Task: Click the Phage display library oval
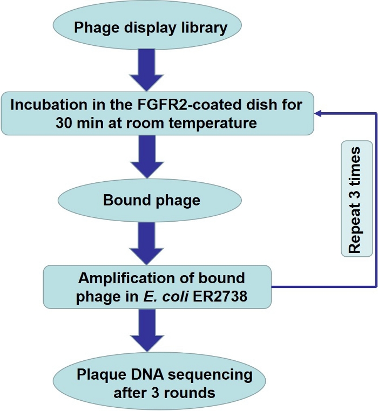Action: [151, 27]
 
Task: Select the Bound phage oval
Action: [151, 201]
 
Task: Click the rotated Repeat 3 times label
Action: [354, 198]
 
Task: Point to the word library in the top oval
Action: [206, 28]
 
